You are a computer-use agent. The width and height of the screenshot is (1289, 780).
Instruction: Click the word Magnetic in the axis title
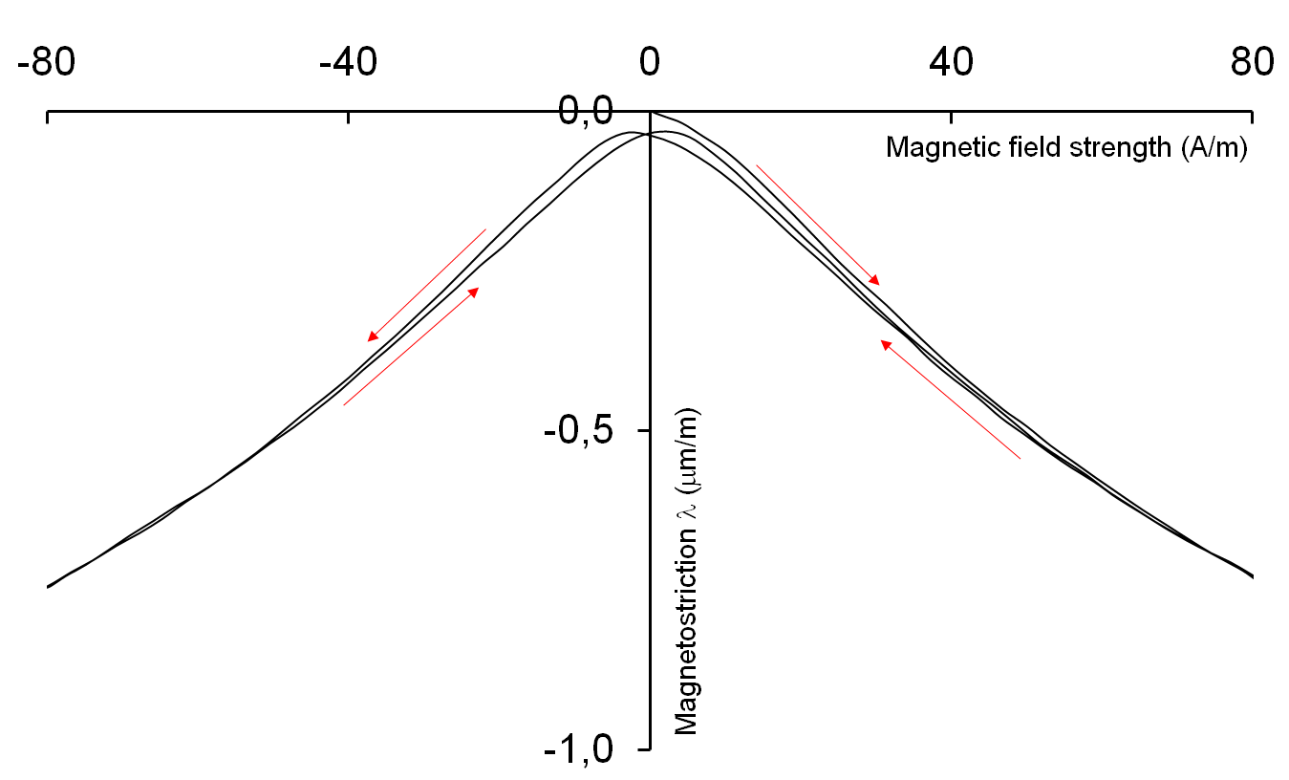point(928,148)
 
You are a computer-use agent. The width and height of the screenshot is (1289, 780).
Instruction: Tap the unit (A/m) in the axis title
point(1214,148)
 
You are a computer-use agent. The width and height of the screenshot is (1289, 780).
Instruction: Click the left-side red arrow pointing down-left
point(427,285)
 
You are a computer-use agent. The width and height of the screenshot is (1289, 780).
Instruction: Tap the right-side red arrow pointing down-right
point(818,225)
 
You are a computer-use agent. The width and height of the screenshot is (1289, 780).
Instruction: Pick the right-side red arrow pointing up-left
point(951,400)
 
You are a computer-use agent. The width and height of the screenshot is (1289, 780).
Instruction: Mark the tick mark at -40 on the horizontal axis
point(348,116)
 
